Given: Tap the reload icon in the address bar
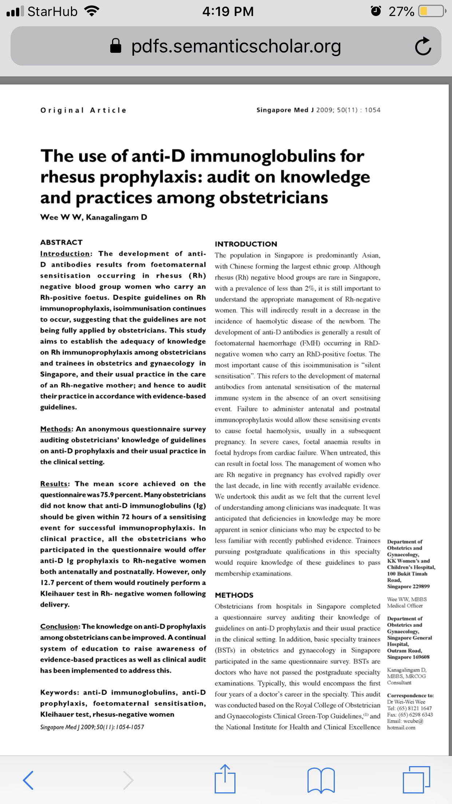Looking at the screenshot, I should click(423, 46).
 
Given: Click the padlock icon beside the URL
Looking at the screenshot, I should click(116, 46).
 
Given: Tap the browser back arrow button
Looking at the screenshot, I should click(28, 780).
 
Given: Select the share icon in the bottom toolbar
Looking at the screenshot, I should click(225, 779).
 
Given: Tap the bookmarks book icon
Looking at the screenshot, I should click(321, 780).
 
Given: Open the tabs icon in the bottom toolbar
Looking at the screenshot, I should click(416, 780).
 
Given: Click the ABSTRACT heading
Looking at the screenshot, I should click(62, 243).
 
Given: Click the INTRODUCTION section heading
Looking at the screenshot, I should click(246, 244).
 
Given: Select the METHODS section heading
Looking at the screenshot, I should click(234, 595).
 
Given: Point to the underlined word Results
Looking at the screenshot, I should click(54, 484).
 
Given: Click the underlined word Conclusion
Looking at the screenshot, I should click(59, 627).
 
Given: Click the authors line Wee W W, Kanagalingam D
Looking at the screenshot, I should click(94, 217).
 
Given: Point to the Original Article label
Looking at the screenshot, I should click(83, 110).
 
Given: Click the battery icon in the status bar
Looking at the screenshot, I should click(432, 11).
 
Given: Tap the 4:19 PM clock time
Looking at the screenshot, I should click(228, 11).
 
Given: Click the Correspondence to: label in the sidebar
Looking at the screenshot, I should click(410, 695).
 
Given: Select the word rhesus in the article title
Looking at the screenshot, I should click(68, 177).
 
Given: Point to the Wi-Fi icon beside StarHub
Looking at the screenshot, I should click(92, 11).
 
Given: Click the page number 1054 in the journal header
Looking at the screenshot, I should click(372, 110).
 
